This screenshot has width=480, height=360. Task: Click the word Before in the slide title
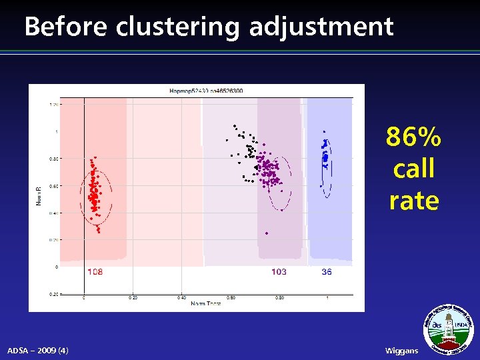point(66,27)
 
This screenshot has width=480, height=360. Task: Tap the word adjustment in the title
point(322,27)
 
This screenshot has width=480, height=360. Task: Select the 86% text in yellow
point(413,137)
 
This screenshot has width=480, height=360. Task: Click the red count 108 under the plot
point(95,272)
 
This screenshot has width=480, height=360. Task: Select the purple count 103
point(279,272)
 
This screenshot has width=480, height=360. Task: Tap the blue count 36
point(327,272)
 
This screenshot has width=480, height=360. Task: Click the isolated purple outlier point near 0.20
point(267,233)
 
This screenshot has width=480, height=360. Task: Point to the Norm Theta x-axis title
point(206,305)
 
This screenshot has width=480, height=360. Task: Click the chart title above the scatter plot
point(206,91)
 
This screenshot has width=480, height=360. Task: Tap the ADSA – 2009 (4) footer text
point(37,351)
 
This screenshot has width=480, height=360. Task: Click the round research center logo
point(449,330)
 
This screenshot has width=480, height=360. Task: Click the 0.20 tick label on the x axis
point(133,297)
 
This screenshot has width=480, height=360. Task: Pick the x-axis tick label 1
point(327,297)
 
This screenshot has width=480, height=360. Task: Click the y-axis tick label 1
point(56,131)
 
